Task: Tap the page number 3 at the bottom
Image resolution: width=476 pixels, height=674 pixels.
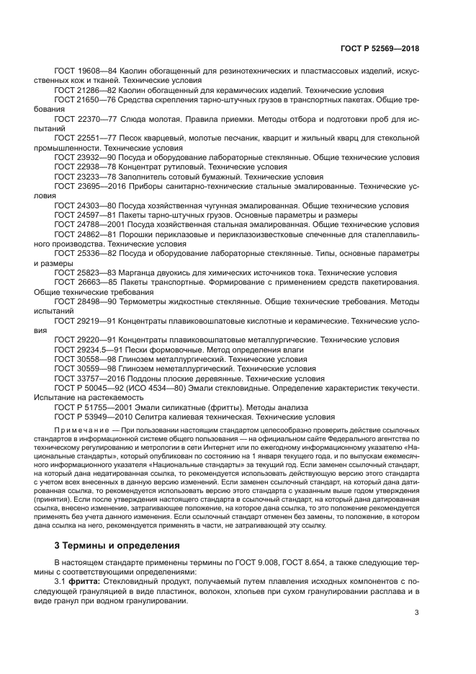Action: tap(417, 613)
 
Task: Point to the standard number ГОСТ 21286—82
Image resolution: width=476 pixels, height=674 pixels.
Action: tap(81, 92)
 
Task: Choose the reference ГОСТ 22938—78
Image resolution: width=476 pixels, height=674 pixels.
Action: tap(81, 166)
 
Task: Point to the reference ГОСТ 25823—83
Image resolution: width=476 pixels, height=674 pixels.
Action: tap(81, 272)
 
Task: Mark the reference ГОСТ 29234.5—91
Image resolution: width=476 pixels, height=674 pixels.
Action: tap(84, 349)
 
